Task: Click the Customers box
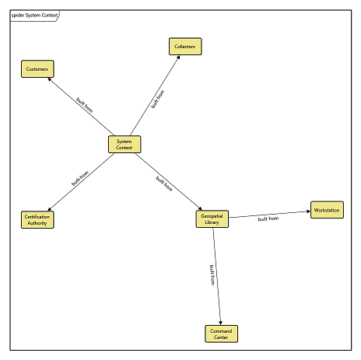[37, 69]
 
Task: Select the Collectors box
[185, 47]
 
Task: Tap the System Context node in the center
[124, 145]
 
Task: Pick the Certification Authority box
[37, 220]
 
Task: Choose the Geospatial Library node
[212, 219]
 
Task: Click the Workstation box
[327, 210]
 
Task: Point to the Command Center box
[221, 334]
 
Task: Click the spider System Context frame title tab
[35, 16]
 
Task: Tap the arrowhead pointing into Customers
[50, 79]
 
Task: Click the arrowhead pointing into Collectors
[178, 57]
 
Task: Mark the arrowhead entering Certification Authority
[50, 209]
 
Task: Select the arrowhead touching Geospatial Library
[200, 208]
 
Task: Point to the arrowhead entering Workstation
[309, 211]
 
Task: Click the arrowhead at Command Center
[220, 323]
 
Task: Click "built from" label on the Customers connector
[85, 105]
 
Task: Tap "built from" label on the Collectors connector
[158, 100]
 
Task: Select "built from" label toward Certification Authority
[80, 178]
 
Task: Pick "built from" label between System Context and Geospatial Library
[164, 183]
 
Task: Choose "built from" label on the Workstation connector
[268, 218]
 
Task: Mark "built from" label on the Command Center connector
[212, 275]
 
